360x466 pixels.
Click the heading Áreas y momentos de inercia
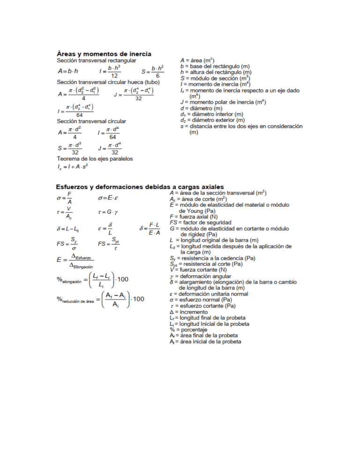click(x=107, y=54)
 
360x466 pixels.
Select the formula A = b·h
click(x=67, y=72)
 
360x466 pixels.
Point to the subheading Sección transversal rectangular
click(x=96, y=61)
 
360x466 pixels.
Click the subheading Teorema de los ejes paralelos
click(x=95, y=159)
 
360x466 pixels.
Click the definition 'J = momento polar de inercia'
click(x=223, y=102)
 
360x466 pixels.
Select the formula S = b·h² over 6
click(x=152, y=72)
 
